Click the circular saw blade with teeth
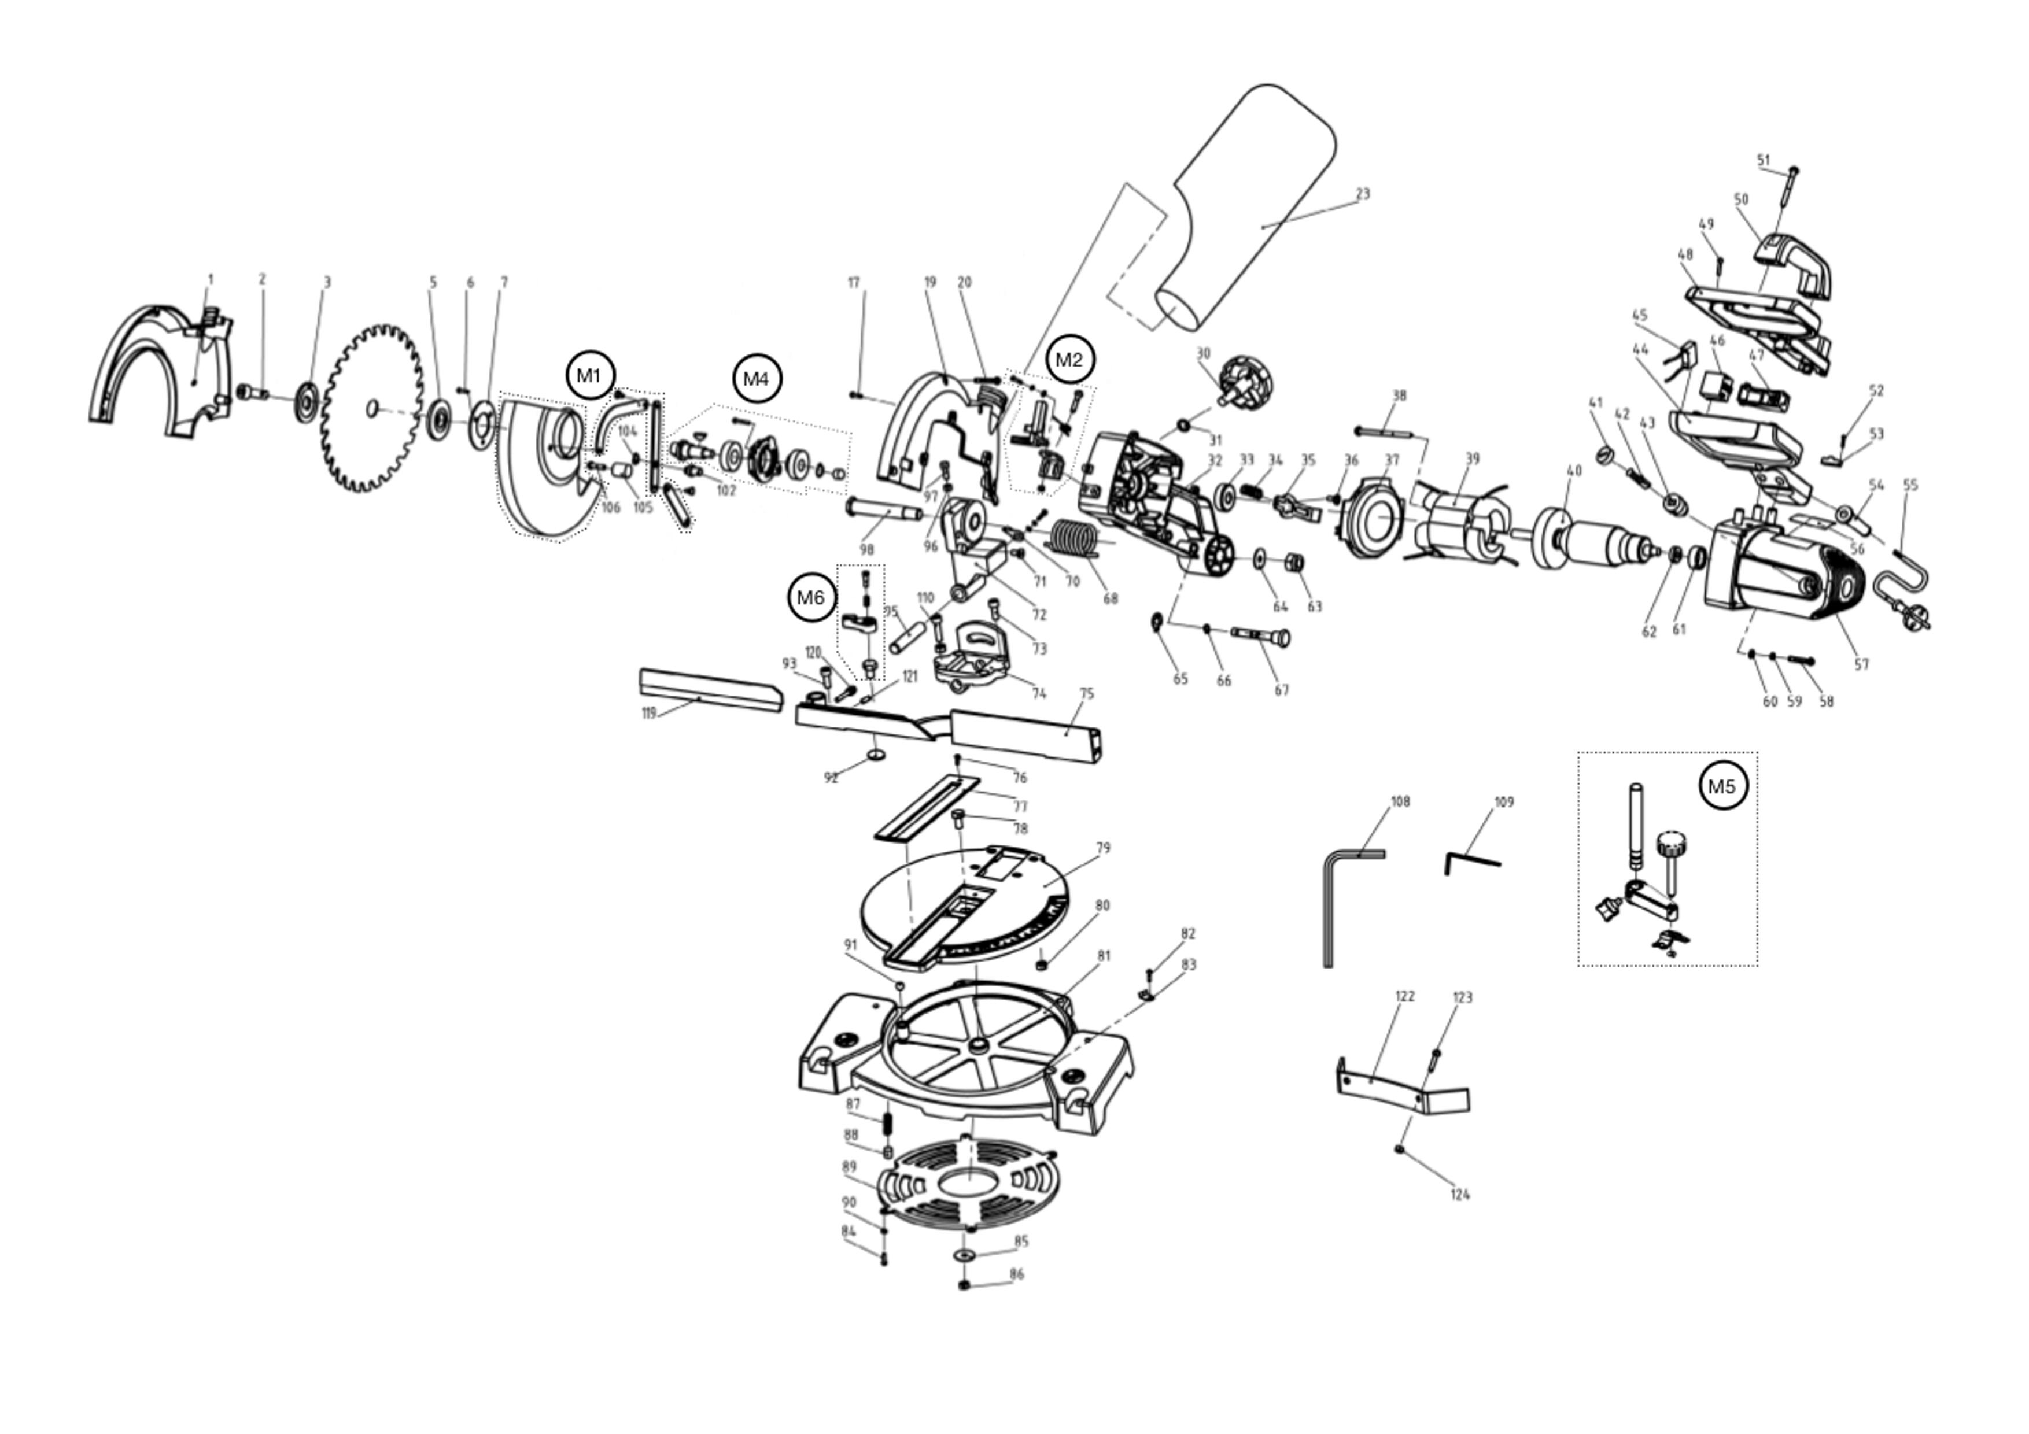[371, 408]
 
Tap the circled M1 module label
[589, 375]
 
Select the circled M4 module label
[757, 379]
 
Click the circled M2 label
[1069, 360]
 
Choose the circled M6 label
[810, 598]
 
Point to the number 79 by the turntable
[1103, 848]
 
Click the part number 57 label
[1861, 664]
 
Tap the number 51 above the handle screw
[1764, 160]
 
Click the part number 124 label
[1459, 1195]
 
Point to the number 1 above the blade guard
[211, 279]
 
